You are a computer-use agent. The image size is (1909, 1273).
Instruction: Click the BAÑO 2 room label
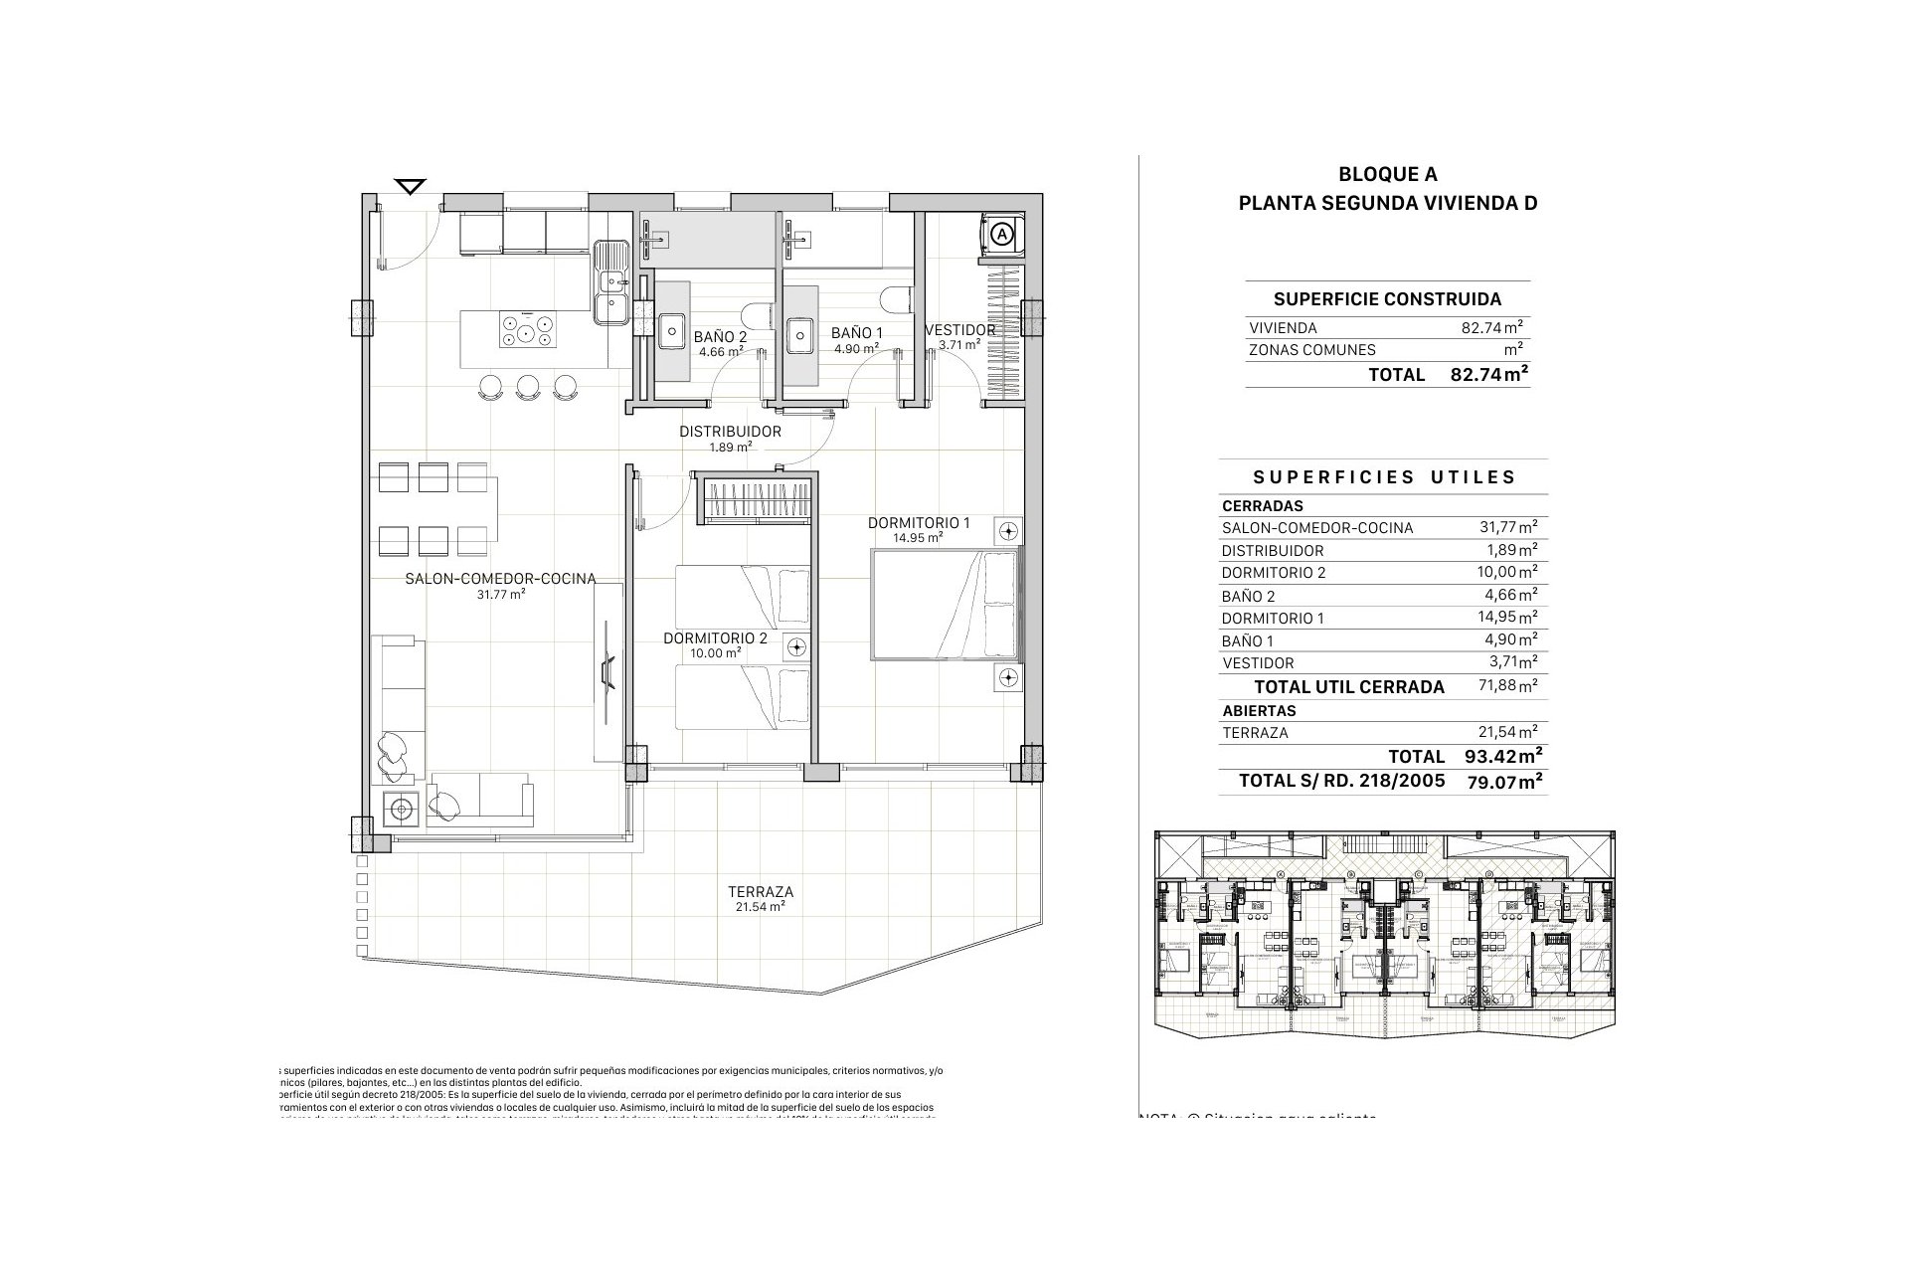(x=721, y=336)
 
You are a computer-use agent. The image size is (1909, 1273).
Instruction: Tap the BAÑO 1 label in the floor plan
(x=856, y=334)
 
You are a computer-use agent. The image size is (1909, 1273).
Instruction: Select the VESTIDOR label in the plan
(x=959, y=330)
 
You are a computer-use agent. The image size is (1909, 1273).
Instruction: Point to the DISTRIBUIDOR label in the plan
(x=730, y=432)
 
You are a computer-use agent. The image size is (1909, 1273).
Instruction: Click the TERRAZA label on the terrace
(x=761, y=892)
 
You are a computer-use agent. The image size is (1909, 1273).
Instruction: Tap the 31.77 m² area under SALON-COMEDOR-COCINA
(x=501, y=594)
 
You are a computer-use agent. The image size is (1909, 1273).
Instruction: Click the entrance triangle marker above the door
(x=410, y=186)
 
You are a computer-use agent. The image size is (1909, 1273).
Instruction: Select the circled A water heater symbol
(x=1002, y=234)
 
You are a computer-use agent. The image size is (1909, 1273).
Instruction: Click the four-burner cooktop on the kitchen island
(x=527, y=330)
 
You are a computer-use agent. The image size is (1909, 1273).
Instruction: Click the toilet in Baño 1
(x=897, y=300)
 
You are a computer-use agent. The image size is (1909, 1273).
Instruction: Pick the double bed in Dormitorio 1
(x=946, y=606)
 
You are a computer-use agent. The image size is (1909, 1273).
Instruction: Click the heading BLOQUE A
(x=1387, y=175)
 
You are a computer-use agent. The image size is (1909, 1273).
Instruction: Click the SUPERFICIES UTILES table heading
(x=1385, y=477)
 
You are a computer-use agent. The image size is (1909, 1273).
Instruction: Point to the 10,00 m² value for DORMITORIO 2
(x=1508, y=572)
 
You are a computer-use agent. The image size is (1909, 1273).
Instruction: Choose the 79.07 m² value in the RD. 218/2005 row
(x=1504, y=782)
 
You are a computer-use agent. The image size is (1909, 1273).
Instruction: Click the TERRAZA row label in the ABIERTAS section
(x=1255, y=733)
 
